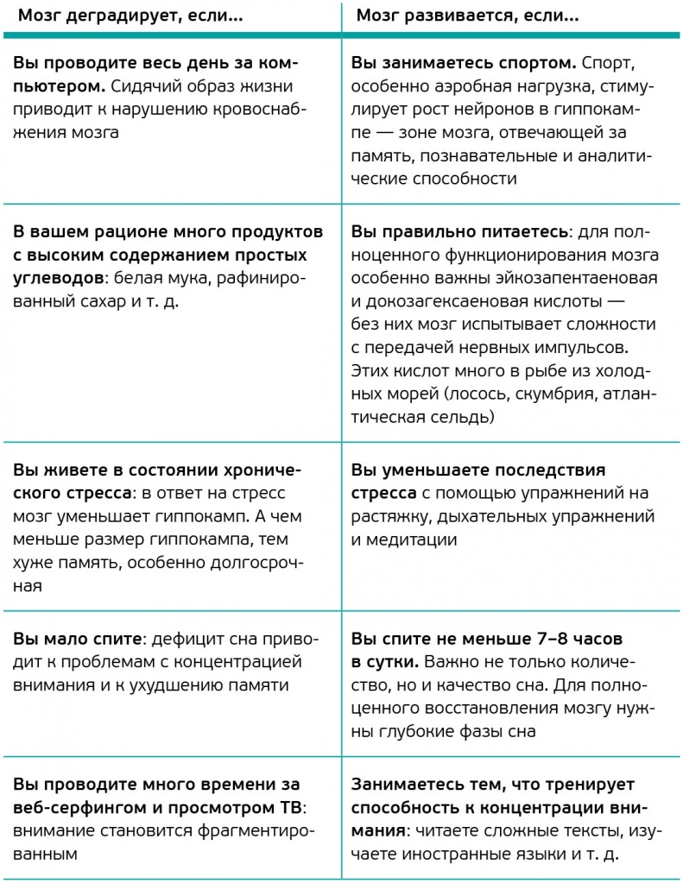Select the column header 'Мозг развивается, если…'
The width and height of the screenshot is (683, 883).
[x=467, y=16]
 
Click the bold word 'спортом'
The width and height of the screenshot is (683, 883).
[x=536, y=64]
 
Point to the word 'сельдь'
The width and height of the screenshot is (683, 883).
[x=465, y=418]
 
